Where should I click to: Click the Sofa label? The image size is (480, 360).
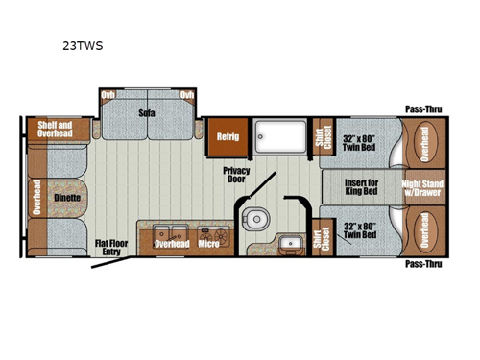tap(147, 112)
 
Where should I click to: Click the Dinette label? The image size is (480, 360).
tap(66, 197)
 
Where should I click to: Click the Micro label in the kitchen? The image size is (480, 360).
tap(208, 244)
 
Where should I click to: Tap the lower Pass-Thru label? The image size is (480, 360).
tap(421, 263)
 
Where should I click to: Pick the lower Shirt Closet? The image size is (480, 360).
tap(321, 238)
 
